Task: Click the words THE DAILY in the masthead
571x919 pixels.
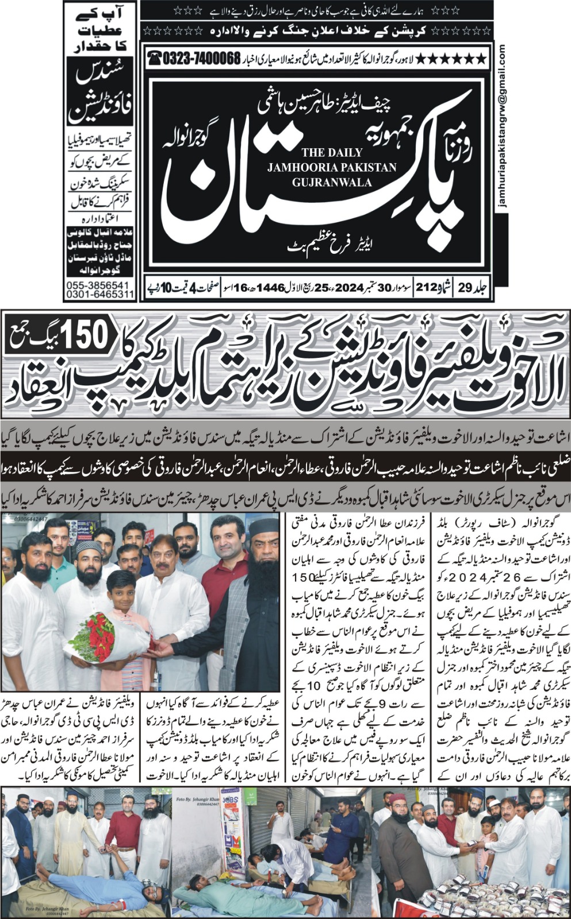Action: coord(332,153)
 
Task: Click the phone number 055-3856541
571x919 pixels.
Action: coord(98,285)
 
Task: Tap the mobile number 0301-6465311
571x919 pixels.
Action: coord(99,295)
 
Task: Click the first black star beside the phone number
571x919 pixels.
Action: coord(482,58)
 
